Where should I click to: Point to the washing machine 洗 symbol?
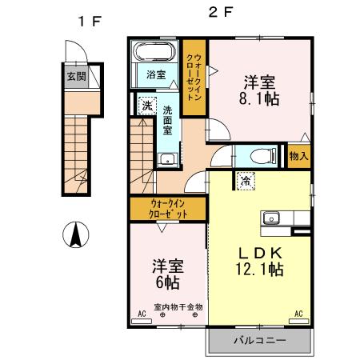(147, 106)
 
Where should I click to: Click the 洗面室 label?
(169, 120)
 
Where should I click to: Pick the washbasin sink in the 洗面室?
(167, 158)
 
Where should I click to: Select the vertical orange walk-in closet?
(193, 78)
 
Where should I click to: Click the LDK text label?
(258, 253)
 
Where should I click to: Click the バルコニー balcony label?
(258, 342)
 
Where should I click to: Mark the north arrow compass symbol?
(76, 235)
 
